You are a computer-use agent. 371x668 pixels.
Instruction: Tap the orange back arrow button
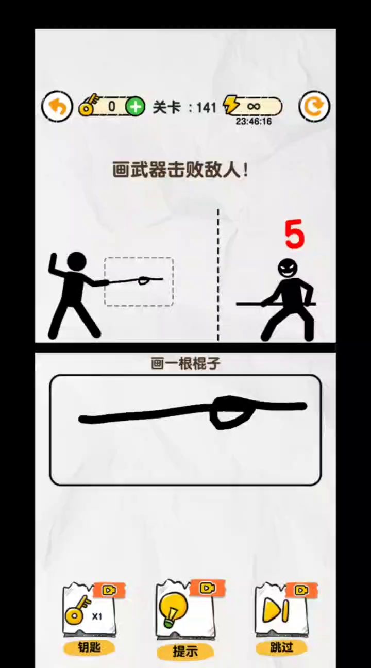click(x=57, y=107)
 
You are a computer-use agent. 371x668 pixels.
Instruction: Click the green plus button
click(x=135, y=107)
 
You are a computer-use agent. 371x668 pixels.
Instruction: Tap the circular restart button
click(x=314, y=107)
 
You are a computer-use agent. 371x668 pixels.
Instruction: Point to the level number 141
click(x=206, y=107)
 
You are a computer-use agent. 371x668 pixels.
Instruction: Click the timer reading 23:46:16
click(x=254, y=121)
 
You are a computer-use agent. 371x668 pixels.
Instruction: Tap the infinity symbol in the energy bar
click(x=254, y=106)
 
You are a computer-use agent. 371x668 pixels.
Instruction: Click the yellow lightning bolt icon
click(x=231, y=105)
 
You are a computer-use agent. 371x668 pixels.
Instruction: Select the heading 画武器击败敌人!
click(x=180, y=170)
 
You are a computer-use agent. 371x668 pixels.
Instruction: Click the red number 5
click(x=294, y=235)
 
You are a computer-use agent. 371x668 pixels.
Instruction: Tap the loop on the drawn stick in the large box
click(x=232, y=412)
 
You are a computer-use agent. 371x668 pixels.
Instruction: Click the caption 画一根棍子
click(x=185, y=364)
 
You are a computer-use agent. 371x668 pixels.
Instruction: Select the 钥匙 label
click(x=89, y=647)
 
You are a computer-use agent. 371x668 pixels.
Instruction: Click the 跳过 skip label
click(x=281, y=647)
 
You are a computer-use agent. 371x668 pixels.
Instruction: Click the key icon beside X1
click(x=77, y=610)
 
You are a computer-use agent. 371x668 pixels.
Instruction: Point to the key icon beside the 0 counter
click(x=88, y=105)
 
